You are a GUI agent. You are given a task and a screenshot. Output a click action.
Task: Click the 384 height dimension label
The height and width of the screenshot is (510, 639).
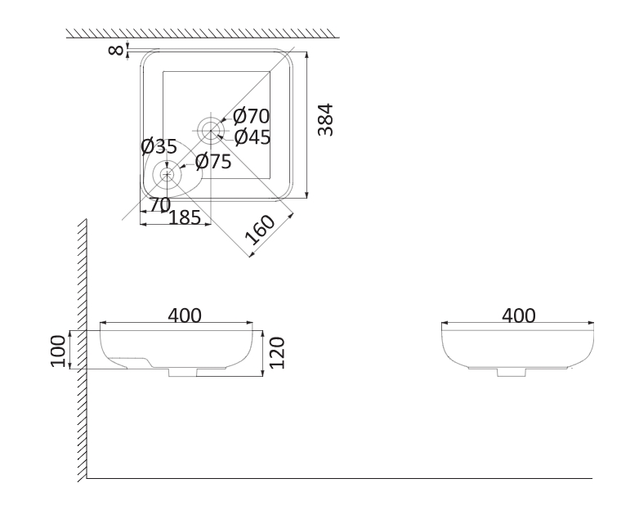[325, 120]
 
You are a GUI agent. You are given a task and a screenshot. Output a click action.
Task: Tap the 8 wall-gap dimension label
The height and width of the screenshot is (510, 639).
[116, 50]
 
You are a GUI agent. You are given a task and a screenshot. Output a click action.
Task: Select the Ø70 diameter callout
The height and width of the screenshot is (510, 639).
[252, 116]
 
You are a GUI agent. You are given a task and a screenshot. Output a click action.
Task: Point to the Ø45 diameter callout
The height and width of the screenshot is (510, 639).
[252, 137]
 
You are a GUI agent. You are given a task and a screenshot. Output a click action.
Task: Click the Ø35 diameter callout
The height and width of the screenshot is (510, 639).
[159, 146]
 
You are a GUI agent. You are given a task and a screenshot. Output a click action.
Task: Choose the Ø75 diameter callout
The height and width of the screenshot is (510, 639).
[213, 162]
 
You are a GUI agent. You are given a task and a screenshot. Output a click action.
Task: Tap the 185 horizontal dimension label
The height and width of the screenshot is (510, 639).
[185, 217]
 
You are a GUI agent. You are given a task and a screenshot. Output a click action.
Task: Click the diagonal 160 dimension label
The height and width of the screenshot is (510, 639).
[260, 230]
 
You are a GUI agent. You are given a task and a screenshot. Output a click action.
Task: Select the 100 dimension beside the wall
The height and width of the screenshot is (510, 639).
[57, 351]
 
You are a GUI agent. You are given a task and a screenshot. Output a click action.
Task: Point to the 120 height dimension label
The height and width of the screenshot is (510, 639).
[277, 352]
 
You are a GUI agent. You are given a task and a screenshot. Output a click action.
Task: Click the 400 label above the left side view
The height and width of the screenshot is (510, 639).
[185, 315]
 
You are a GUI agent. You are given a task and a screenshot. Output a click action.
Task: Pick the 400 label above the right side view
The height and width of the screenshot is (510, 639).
[519, 315]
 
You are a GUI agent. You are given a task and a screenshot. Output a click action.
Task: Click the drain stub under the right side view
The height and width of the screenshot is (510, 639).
[512, 372]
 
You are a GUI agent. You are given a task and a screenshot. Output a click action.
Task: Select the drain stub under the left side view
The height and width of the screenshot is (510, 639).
[182, 372]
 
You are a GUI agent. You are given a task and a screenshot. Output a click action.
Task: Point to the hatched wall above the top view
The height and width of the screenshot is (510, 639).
[203, 34]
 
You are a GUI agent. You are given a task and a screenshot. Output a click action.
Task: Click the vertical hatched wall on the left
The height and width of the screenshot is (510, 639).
[83, 351]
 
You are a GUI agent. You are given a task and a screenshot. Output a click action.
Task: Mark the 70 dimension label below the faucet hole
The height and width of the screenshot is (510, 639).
[160, 204]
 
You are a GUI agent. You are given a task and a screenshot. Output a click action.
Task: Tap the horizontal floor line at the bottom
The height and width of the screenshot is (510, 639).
[339, 478]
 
